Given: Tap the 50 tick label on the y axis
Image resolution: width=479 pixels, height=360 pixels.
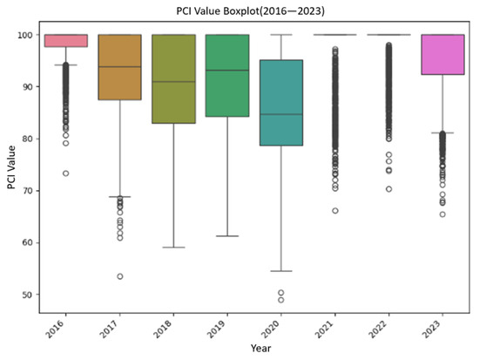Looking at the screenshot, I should coord(26,295).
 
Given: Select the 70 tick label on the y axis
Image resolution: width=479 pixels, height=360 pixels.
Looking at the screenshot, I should coord(26,191).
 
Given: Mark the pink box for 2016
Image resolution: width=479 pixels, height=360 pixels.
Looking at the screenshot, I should coord(65,40).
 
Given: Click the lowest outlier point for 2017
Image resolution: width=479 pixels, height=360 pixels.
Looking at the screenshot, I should coord(119,276).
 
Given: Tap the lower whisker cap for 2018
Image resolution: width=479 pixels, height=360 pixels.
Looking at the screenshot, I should coord(173,248).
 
